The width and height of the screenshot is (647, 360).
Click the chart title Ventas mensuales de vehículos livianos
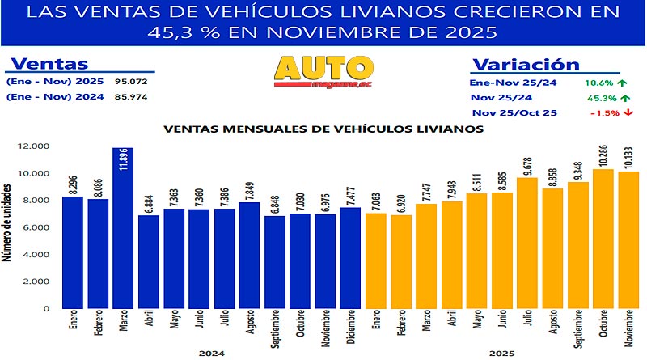coord(323,128)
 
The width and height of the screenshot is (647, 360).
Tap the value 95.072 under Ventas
coord(130,82)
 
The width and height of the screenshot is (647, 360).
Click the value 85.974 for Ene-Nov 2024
coord(130,98)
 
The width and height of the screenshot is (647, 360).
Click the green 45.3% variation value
coord(594,97)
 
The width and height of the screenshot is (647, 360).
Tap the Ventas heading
coord(47,65)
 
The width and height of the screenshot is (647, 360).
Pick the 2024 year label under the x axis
coord(211,353)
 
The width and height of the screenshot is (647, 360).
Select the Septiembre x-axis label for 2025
coord(576,328)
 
